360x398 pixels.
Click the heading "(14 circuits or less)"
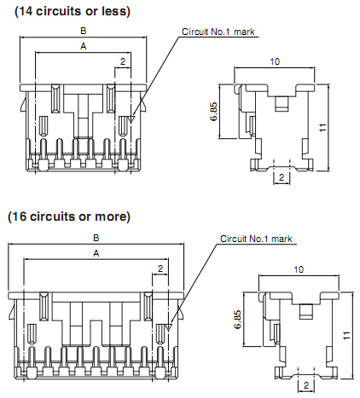point(73,12)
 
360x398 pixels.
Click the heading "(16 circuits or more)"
point(69,216)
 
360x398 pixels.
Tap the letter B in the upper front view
point(84,31)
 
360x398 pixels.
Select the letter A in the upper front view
point(83,46)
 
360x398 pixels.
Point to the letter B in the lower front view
point(96,238)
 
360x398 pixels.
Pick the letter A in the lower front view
point(96,253)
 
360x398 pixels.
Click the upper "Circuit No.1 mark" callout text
point(218,32)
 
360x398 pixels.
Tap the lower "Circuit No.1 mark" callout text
point(256,239)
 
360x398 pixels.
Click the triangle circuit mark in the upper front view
point(131,119)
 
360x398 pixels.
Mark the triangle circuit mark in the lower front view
point(169,327)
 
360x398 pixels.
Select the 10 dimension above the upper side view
point(275,61)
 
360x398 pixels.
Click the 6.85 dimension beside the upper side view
point(214,112)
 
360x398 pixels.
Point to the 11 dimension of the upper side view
point(322,128)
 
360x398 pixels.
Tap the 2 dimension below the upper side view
point(282,177)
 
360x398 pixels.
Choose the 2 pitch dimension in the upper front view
point(123,61)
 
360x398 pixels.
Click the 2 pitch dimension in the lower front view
point(160,268)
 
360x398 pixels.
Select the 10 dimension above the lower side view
point(299,269)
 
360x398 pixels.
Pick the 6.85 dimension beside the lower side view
point(238,320)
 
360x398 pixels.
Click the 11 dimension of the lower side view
point(346,336)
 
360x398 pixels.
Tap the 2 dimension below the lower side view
point(306,385)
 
